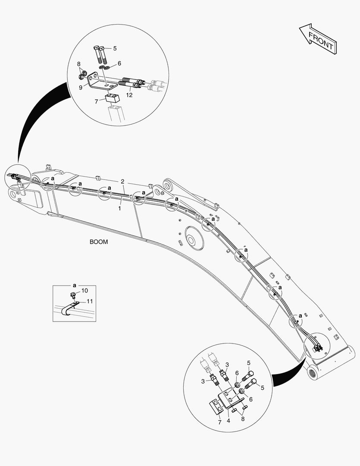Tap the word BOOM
point(99,242)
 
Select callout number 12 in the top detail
point(129,94)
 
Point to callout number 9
point(81,87)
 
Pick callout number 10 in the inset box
point(84,290)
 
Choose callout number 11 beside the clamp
point(90,301)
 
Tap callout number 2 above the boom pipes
point(122,181)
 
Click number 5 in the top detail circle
point(115,48)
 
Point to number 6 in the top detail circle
point(119,63)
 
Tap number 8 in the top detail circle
point(79,64)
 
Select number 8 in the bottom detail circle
point(243,418)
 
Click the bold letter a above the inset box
point(74,285)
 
